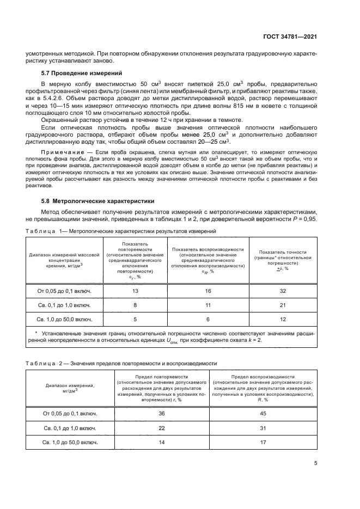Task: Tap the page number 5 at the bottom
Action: [315, 464]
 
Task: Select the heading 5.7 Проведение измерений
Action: [82, 73]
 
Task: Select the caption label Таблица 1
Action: [43, 231]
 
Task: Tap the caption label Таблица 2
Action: [43, 363]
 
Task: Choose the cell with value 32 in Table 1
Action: [282, 291]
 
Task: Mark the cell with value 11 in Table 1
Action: [208, 305]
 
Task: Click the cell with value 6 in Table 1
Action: [208, 319]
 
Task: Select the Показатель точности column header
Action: [282, 260]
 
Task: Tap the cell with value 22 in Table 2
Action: [161, 428]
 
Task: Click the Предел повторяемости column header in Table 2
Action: [161, 389]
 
